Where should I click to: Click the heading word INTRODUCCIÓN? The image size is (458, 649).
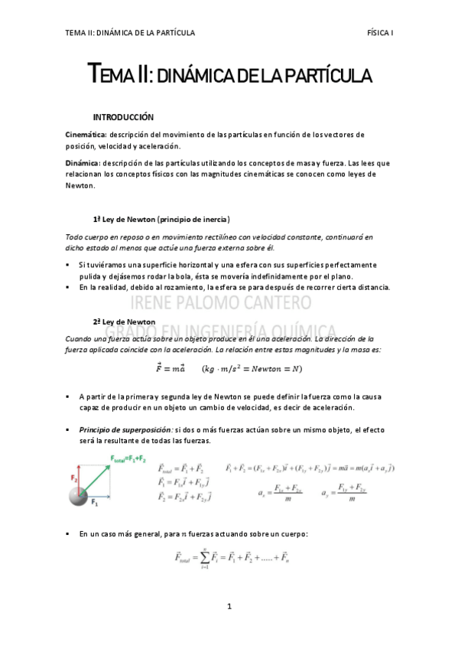(123, 117)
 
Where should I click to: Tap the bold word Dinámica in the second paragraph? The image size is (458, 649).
(83, 163)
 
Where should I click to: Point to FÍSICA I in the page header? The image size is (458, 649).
(380, 33)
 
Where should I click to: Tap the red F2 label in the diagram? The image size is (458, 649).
(75, 478)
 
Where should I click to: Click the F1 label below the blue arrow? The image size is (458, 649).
(96, 505)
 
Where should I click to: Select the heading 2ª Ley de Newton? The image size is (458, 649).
(124, 321)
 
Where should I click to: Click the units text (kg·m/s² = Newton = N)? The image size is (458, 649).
(252, 369)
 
